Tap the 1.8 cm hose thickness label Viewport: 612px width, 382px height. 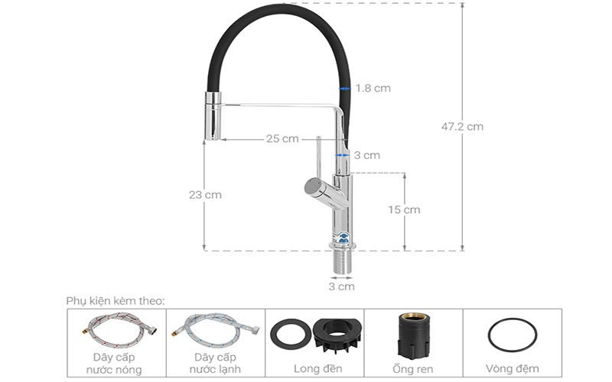(373, 89)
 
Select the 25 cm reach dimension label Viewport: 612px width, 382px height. (282, 139)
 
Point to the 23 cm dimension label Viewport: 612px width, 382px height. (205, 195)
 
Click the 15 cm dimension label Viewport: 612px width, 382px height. (404, 210)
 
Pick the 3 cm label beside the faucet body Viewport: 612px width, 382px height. (367, 155)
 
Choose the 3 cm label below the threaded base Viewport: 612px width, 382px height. (342, 287)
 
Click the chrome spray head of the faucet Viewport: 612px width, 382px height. (212, 115)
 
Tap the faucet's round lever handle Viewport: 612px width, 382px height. (314, 186)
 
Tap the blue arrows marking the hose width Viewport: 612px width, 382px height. (346, 89)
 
